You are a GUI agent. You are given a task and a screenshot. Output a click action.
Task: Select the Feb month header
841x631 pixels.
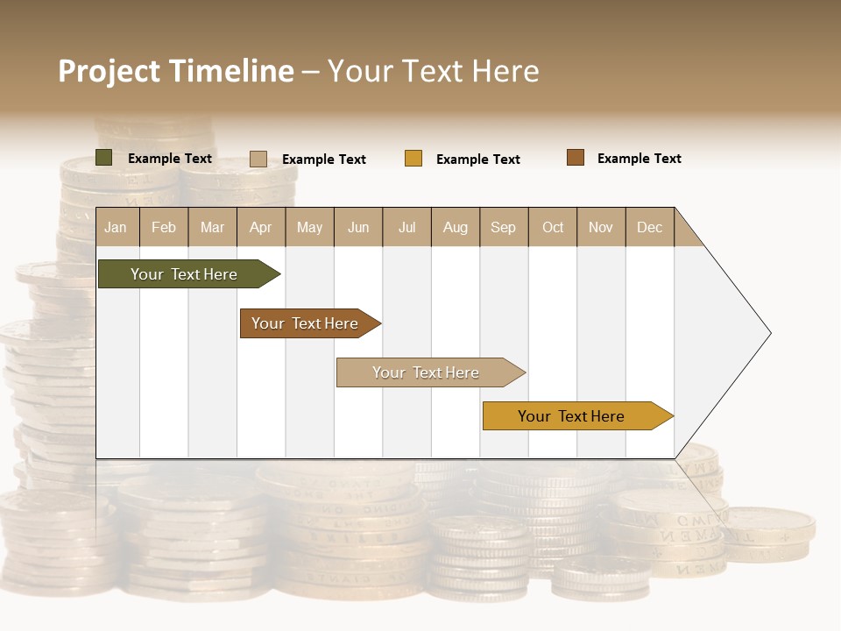tap(164, 227)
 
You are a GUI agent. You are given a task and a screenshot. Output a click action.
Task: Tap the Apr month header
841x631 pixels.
tap(261, 227)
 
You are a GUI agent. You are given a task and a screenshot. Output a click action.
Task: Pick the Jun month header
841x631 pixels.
tap(358, 227)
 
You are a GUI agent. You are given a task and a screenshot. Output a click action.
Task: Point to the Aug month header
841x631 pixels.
tap(456, 227)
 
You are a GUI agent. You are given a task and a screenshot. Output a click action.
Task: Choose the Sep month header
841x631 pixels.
tap(504, 227)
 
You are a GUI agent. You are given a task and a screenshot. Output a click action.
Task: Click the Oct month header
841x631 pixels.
tap(553, 227)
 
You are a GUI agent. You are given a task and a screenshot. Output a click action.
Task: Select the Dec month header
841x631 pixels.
tap(650, 227)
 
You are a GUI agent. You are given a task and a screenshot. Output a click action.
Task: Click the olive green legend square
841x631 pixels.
tap(103, 158)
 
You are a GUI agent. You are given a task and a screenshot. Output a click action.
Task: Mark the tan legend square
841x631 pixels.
tap(258, 159)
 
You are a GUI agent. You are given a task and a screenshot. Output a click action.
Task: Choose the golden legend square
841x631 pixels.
tap(413, 159)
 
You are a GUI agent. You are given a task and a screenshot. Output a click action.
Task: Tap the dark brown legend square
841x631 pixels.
tap(575, 158)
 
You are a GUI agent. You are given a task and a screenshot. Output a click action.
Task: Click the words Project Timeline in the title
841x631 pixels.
tap(176, 71)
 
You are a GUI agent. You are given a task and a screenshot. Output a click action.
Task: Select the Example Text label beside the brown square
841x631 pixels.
tap(639, 159)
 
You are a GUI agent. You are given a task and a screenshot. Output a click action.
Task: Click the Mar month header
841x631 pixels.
tap(213, 227)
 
